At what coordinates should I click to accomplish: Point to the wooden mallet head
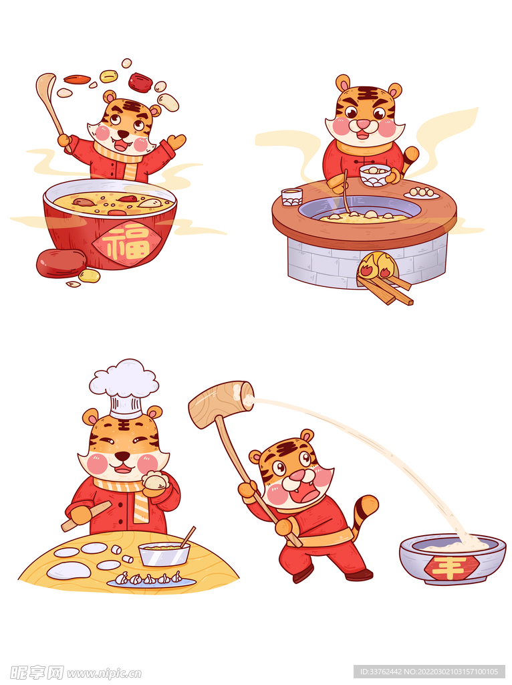[x=221, y=403]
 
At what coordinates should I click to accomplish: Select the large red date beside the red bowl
[x=61, y=263]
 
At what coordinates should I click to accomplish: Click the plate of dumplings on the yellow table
[x=151, y=580]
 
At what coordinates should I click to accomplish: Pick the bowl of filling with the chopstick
[x=164, y=553]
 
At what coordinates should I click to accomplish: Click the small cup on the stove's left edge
[x=291, y=197]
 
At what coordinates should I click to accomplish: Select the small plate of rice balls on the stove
[x=422, y=193]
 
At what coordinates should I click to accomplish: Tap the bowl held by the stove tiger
[x=375, y=175]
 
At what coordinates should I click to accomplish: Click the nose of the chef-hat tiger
[x=122, y=456]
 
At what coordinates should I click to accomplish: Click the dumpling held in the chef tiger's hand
[x=154, y=481]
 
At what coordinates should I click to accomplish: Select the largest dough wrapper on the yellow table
[x=69, y=570]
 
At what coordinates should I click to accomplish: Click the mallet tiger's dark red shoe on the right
[x=359, y=574]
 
